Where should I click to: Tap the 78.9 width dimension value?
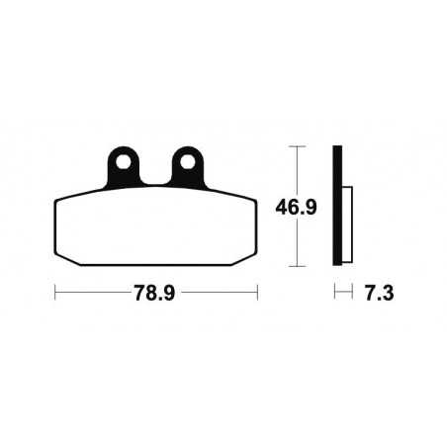point(155,293)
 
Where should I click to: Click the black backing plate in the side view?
point(338,207)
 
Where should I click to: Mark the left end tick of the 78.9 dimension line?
point(54,293)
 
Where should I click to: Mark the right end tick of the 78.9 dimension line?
point(257,293)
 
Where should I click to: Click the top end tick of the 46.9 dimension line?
point(294,146)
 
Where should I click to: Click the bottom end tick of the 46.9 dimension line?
point(294,267)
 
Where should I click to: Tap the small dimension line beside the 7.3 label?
point(343,293)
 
